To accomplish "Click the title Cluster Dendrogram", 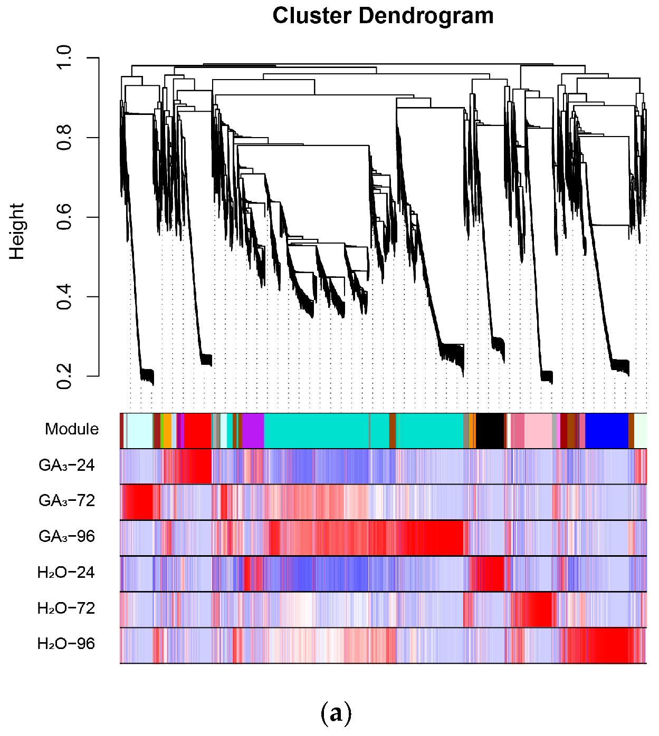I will pyautogui.click(x=383, y=16).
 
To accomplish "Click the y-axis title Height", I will pyautogui.click(x=17, y=231).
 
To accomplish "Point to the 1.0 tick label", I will pyautogui.click(x=64, y=57).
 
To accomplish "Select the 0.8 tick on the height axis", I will pyautogui.click(x=64, y=138).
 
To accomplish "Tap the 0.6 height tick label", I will pyautogui.click(x=64, y=217).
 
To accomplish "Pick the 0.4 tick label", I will pyautogui.click(x=64, y=297).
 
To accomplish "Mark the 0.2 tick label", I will pyautogui.click(x=64, y=376).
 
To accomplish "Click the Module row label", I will pyautogui.click(x=72, y=429).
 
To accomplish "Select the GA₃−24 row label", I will pyautogui.click(x=66, y=465).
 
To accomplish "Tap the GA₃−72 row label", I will pyautogui.click(x=66, y=500).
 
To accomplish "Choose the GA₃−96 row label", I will pyautogui.click(x=66, y=536).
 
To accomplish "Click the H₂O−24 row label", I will pyautogui.click(x=66, y=572).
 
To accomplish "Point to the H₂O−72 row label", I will pyautogui.click(x=66, y=608).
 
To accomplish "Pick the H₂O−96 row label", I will pyautogui.click(x=66, y=644).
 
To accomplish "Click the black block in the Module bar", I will pyautogui.click(x=490, y=431).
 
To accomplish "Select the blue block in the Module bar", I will pyautogui.click(x=607, y=431).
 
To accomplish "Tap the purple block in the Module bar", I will pyautogui.click(x=253, y=431).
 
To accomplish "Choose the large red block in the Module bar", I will pyautogui.click(x=198, y=431).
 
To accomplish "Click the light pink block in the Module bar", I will pyautogui.click(x=538, y=431).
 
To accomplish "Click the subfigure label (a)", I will pyautogui.click(x=336, y=713).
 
